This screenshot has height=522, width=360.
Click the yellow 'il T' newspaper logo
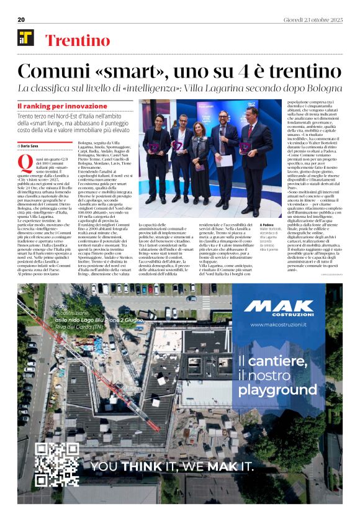[x=25, y=38]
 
